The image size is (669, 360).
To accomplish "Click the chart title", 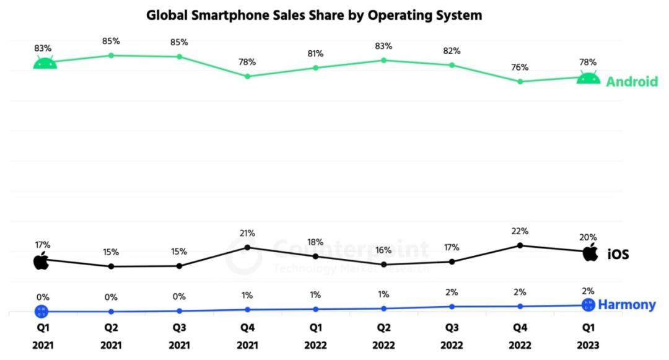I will [314, 15].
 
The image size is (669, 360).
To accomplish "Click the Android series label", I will [631, 82].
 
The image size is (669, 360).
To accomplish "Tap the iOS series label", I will [618, 254].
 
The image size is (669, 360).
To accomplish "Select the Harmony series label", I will [627, 305].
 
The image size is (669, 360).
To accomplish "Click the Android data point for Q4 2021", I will [248, 76].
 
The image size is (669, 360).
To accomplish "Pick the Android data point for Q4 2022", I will [520, 81].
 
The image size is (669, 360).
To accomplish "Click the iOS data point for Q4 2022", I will [520, 245].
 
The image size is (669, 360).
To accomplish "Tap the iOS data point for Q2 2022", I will [384, 265].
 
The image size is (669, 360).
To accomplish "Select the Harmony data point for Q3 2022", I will [452, 306].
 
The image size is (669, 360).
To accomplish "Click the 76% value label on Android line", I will [520, 67].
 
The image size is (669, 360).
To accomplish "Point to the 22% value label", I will [520, 231].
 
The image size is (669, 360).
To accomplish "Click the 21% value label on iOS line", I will [248, 233].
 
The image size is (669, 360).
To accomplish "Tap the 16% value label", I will [384, 250].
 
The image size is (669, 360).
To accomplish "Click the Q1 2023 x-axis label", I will [588, 335].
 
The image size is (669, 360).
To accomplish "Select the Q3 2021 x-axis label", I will [179, 335].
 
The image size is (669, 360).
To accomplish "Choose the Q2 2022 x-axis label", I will [384, 335].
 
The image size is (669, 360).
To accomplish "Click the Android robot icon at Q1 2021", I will [45, 63].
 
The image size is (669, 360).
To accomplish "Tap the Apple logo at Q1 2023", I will [590, 252].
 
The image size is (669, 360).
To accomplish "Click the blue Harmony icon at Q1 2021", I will [42, 311].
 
